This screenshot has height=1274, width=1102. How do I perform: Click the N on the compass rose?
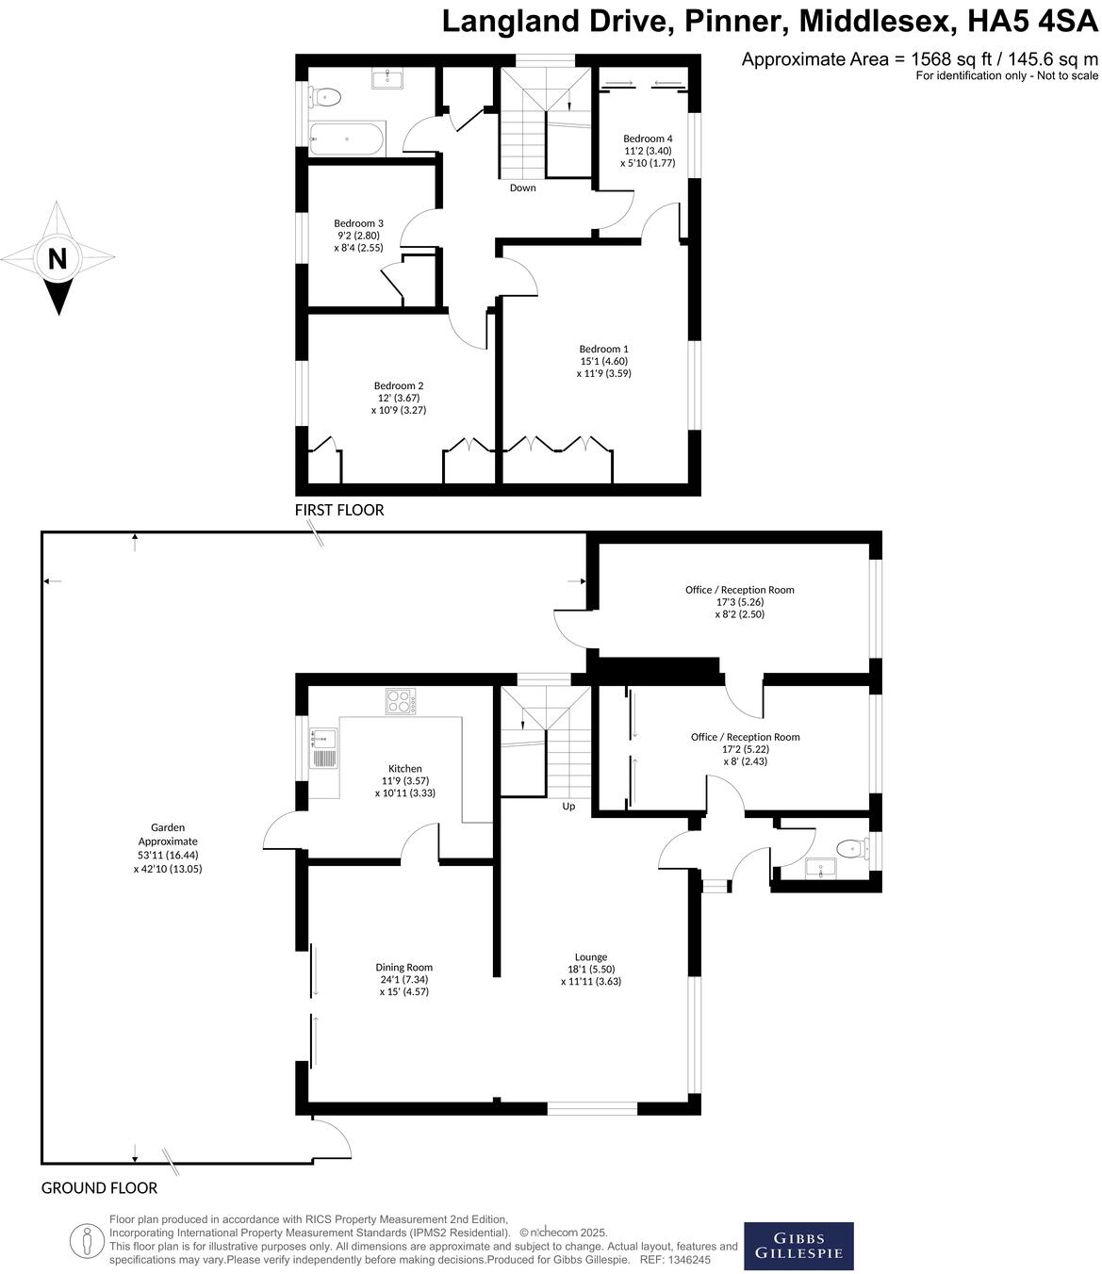pos(58,258)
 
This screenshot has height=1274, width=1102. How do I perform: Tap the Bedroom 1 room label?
pos(603,349)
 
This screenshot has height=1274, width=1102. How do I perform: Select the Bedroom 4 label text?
pos(648,139)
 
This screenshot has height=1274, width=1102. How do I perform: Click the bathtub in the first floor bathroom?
pos(347,139)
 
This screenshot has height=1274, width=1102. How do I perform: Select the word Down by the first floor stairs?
pos(522,188)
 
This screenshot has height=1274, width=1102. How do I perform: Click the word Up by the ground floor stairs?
pos(568,807)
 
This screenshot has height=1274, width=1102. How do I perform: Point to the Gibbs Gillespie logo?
pos(798,1246)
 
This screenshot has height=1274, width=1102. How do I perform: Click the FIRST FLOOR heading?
pos(339,510)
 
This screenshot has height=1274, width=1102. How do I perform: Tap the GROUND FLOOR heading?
pos(99,1188)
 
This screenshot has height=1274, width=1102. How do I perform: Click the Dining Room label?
pos(403,967)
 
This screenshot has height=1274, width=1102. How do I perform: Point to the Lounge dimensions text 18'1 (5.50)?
pos(591,969)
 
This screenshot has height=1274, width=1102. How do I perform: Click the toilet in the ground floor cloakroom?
pos(852,848)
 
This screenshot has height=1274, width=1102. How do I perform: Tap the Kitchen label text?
pos(405,768)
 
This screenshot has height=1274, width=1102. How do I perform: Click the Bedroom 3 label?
pos(358,223)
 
